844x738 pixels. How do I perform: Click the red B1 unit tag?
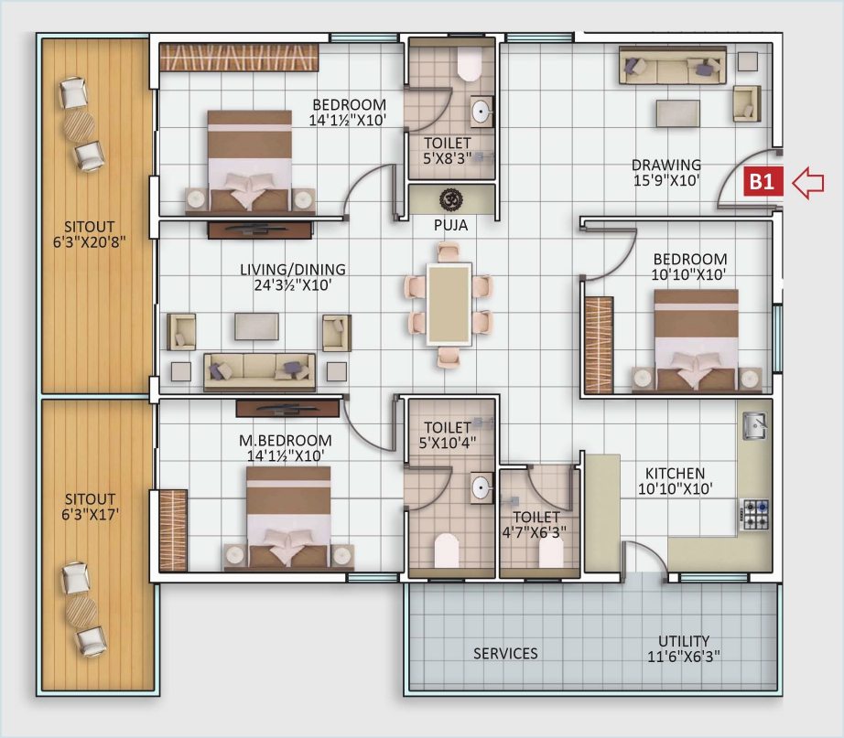(763, 182)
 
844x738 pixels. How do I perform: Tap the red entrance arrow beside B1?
(807, 182)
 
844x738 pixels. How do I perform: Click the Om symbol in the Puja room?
(450, 198)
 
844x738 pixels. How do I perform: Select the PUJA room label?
(450, 223)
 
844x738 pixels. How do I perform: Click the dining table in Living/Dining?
(449, 305)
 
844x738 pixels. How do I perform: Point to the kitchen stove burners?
(754, 514)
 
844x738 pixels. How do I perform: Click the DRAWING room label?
(666, 165)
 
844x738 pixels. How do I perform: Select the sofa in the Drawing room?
(672, 67)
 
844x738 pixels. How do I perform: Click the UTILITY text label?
(684, 641)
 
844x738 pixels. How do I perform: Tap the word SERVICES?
(505, 653)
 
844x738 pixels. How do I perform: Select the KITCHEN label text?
(675, 473)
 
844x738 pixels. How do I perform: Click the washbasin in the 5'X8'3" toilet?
(480, 112)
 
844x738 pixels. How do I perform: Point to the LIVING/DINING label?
(293, 269)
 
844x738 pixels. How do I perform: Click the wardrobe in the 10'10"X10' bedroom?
(599, 333)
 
